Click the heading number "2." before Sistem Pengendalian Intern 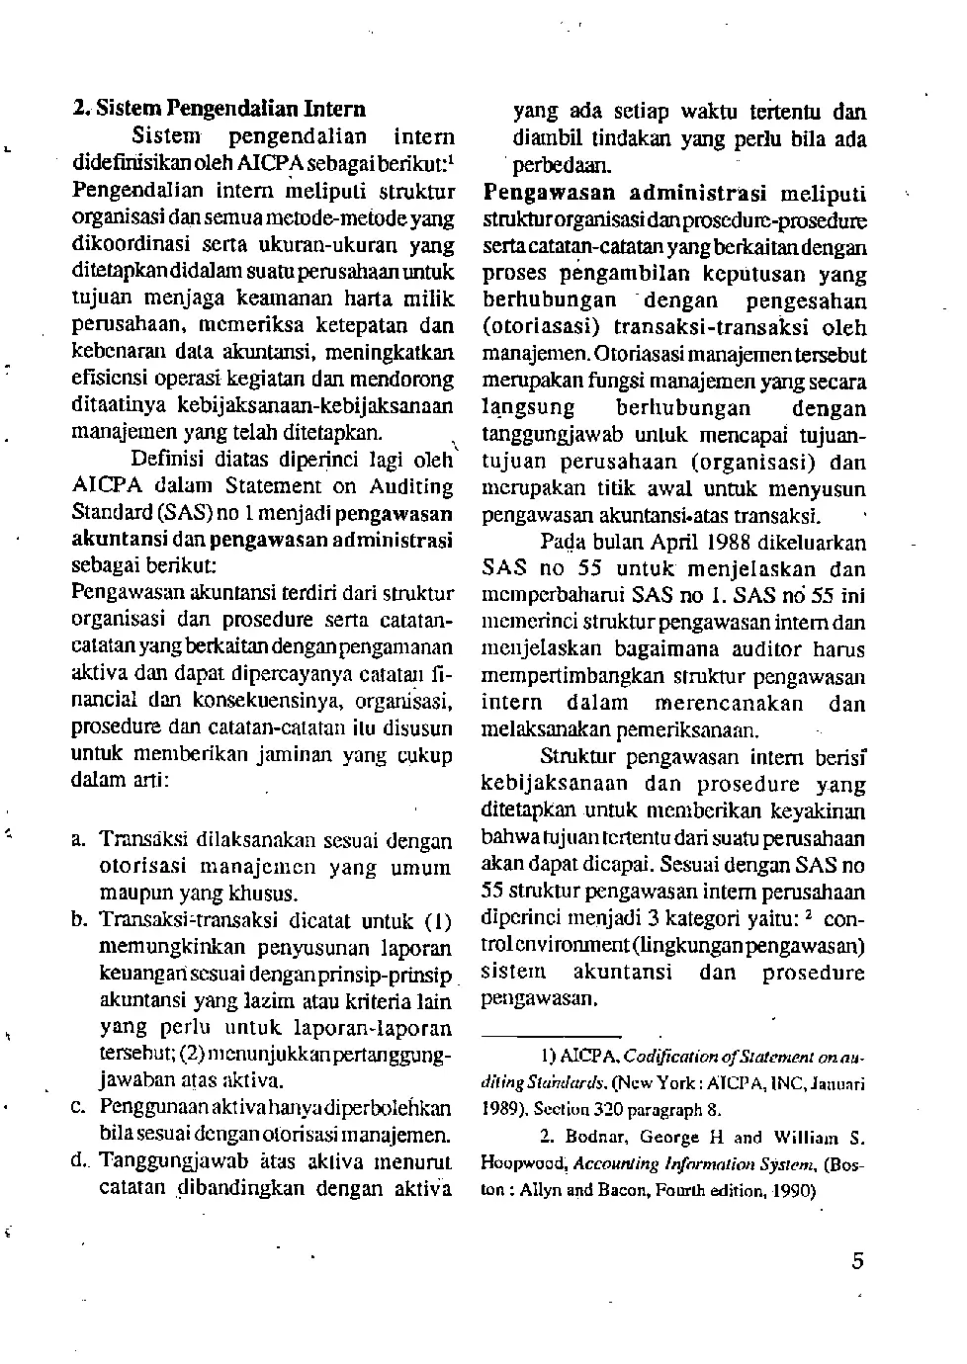[x=81, y=110]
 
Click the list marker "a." [x=79, y=840]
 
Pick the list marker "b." [x=80, y=921]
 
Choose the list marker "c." [x=79, y=1107]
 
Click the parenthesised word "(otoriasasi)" [x=542, y=327]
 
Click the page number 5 [x=856, y=1260]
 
